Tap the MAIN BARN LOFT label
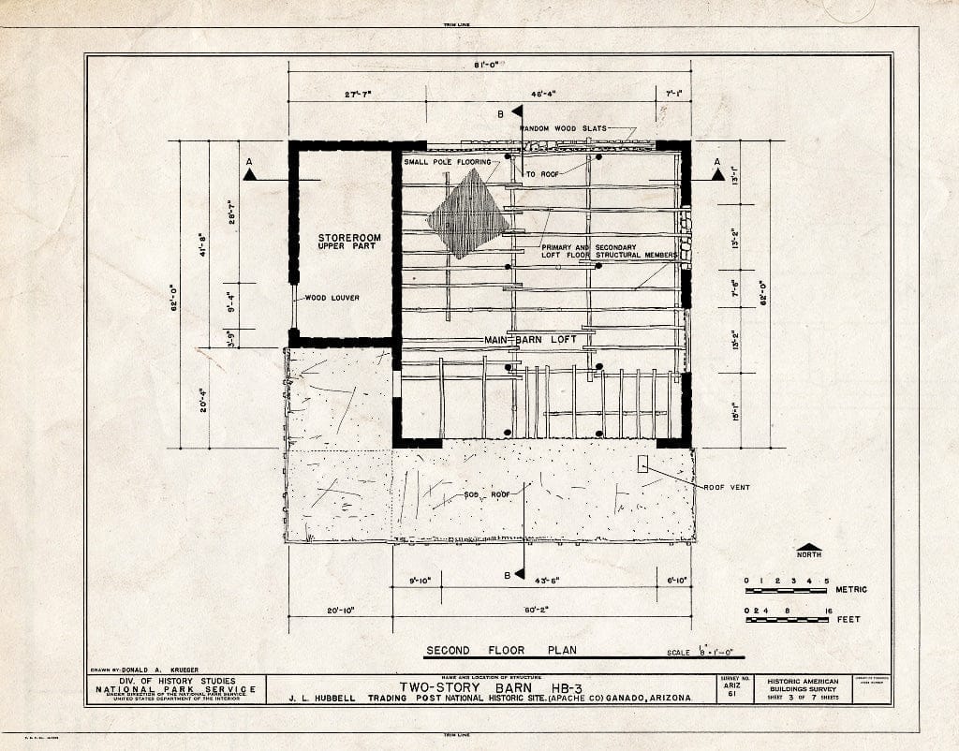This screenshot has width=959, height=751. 530,339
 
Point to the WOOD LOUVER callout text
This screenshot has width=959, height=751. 332,298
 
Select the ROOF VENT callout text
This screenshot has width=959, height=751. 726,487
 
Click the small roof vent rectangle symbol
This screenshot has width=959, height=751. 642,464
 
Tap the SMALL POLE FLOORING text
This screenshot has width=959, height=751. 448,162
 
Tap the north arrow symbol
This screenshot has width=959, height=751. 808,547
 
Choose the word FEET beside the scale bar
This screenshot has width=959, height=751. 848,619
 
